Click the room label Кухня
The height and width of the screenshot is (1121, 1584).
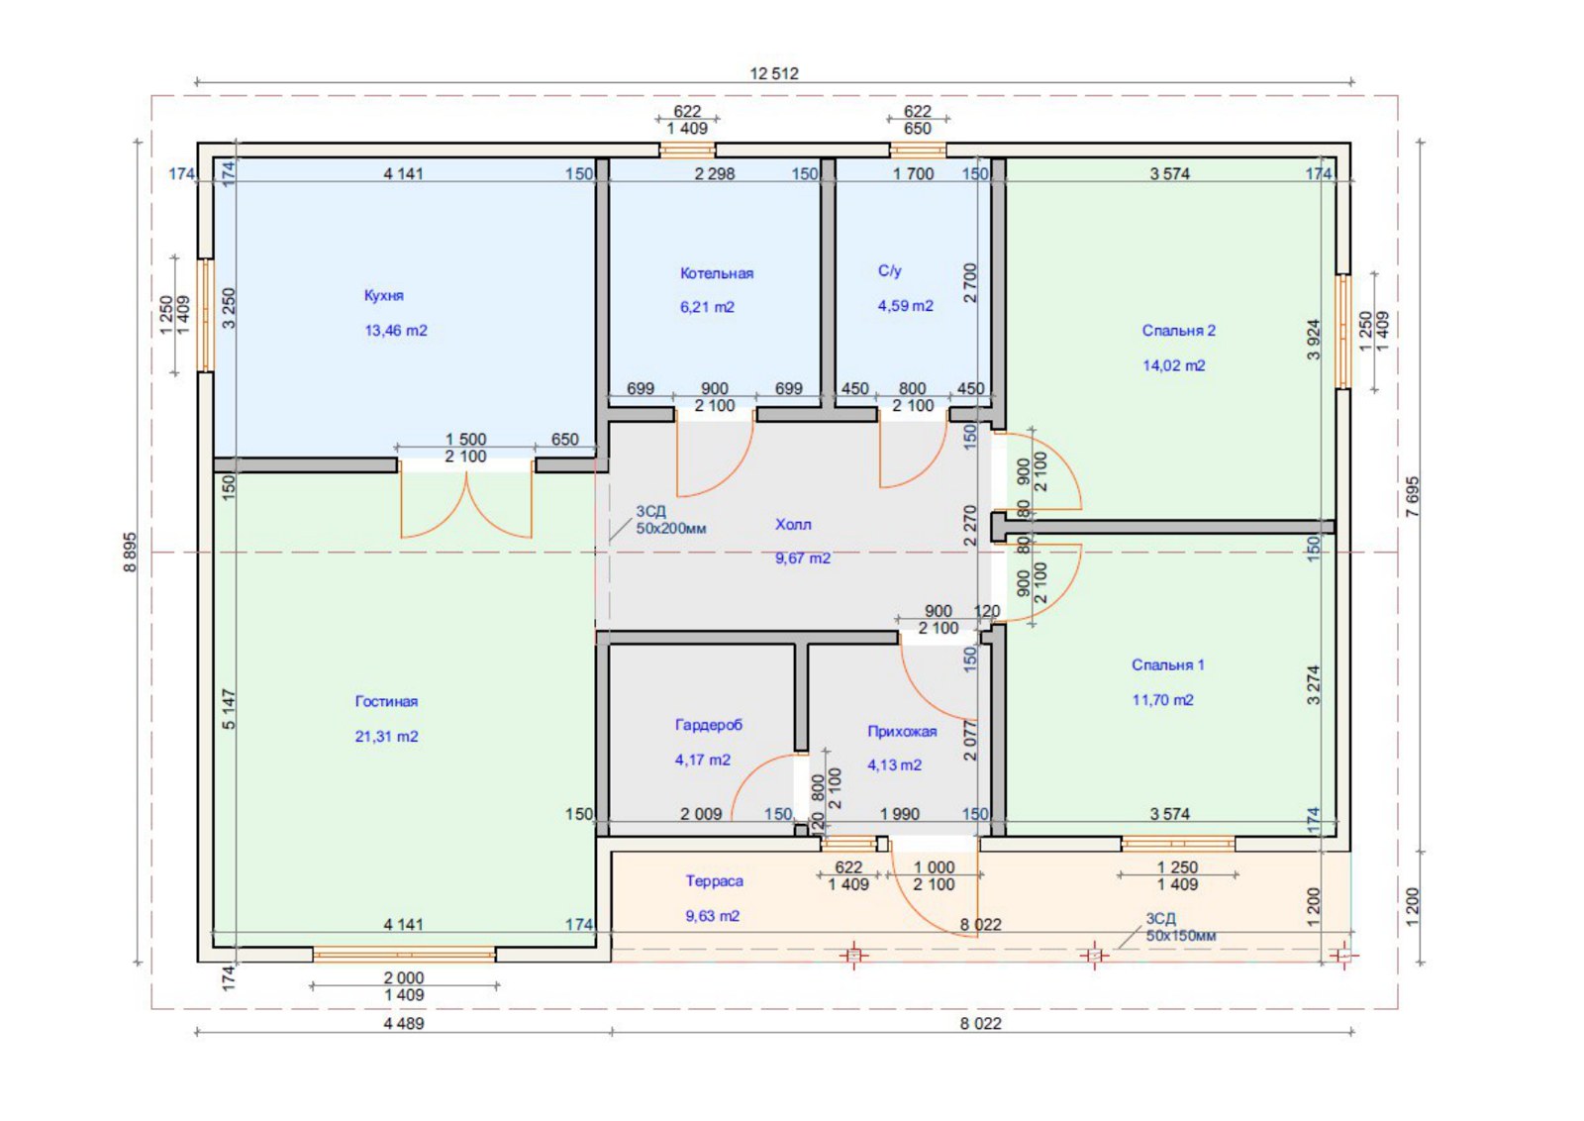pos(383,296)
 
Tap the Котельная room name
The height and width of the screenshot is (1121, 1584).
pos(717,273)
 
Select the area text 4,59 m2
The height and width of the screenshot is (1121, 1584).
pos(905,306)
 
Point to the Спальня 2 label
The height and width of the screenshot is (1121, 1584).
pos(1178,331)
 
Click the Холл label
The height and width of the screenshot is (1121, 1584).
pos(793,524)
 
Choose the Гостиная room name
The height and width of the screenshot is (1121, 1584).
pos(386,701)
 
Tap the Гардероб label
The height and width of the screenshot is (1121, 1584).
pos(709,725)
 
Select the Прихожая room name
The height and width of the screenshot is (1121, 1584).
pos(902,731)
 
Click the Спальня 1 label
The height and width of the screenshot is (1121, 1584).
pos(1167,664)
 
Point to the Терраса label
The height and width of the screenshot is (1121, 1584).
pos(714,881)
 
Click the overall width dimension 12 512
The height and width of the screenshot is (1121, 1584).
pos(773,73)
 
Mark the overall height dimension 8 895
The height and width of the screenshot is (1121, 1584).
pos(130,552)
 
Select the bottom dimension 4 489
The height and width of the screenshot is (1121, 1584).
pos(404,1023)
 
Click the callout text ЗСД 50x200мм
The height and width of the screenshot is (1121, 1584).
pos(670,519)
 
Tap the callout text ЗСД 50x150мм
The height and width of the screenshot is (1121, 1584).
pos(1181,927)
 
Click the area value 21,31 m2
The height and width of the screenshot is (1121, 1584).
pos(386,736)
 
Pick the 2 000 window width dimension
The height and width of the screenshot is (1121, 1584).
pos(404,977)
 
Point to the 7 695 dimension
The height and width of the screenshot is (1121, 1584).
pos(1413,496)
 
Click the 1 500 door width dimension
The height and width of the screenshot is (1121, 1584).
pos(466,440)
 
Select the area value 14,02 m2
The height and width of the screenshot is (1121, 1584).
pos(1174,365)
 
